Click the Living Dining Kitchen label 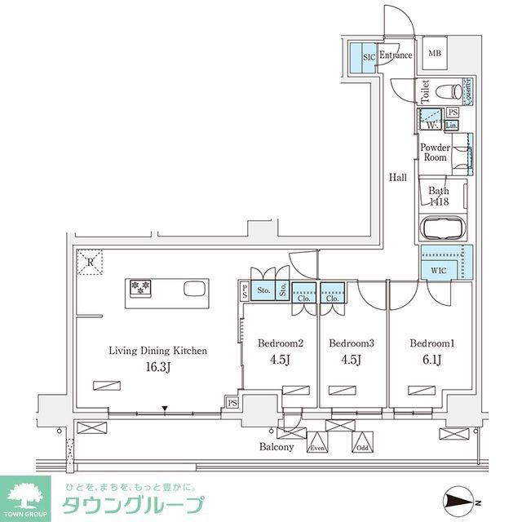coord(158,350)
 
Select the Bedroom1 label coord(431,343)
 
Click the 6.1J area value coord(431,359)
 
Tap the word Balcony coord(276,448)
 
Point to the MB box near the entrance coord(436,54)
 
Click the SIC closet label coord(368,57)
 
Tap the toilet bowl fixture coord(445,91)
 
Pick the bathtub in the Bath coord(443,228)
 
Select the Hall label coord(397,177)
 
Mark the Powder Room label coord(435,153)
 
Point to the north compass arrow coord(461,500)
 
